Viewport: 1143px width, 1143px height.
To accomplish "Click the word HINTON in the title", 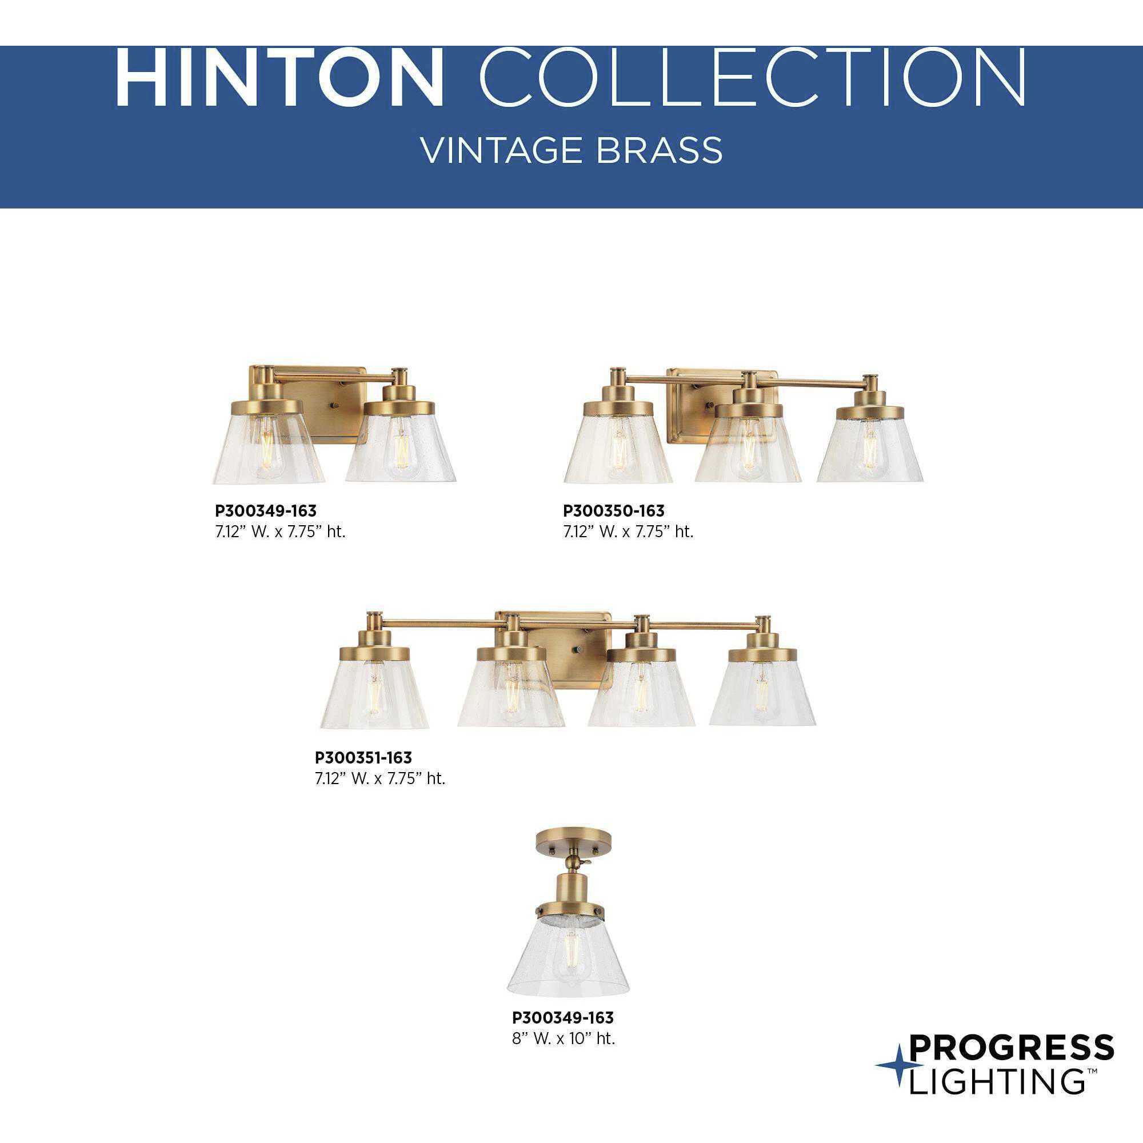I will point(280,78).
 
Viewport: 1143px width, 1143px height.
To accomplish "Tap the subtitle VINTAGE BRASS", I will point(571,151).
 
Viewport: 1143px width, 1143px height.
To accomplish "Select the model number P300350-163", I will point(613,510).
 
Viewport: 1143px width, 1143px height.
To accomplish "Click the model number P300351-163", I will point(363,757).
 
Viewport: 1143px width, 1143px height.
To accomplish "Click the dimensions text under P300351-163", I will point(380,779).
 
